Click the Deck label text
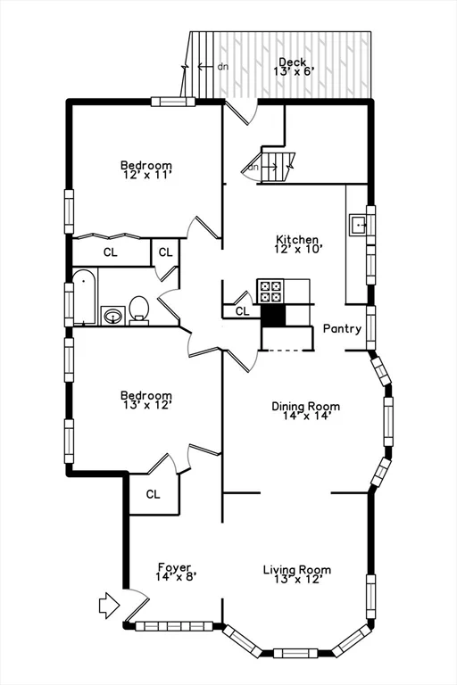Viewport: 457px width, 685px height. point(292,62)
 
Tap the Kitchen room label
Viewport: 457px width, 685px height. point(297,239)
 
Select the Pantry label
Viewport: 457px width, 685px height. point(342,328)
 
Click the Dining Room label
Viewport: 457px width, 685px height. point(305,407)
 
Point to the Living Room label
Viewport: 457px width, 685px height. point(296,570)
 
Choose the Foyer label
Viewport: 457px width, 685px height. point(176,566)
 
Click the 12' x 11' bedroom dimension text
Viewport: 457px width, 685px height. point(146,176)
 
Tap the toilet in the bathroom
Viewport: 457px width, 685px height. point(138,310)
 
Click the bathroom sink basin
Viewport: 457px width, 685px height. point(112,315)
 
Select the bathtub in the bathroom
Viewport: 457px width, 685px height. point(85,297)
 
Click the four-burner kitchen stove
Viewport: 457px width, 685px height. point(270,291)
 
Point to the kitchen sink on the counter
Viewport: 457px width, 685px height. point(360,224)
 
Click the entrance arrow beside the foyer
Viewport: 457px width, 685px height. point(108,606)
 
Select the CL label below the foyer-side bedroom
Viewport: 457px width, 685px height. point(153,494)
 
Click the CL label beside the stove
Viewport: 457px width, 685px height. point(242,311)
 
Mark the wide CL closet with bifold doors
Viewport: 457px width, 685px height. point(110,252)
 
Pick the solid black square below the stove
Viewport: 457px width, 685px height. point(272,315)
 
